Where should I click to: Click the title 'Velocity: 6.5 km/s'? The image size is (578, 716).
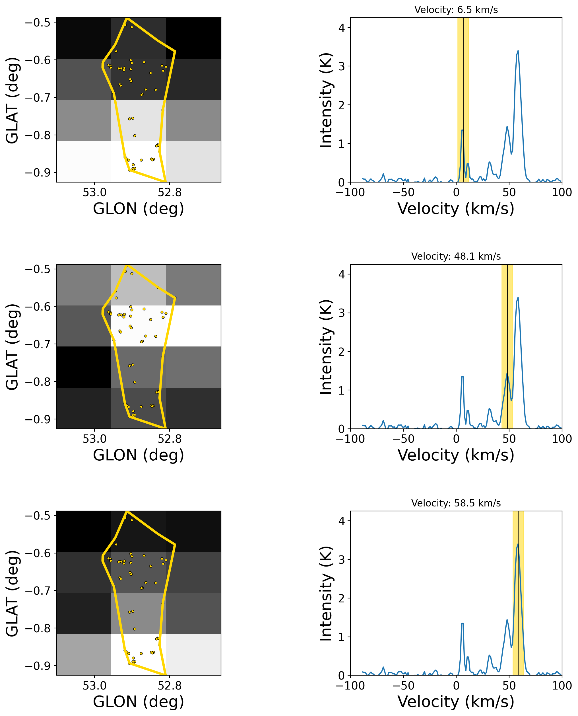pos(456,10)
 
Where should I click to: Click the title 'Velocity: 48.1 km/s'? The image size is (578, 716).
pos(456,257)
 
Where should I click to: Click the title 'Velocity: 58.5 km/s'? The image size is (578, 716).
pos(456,503)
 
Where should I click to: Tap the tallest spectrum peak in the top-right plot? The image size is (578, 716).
pos(518,51)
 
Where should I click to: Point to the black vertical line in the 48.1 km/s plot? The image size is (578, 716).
pos(507,333)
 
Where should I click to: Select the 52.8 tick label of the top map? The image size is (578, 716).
pos(170,192)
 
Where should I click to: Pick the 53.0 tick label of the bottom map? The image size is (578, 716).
pos(94,686)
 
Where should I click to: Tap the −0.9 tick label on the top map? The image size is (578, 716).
pos(38,173)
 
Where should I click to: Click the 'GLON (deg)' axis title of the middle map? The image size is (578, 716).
pos(139,455)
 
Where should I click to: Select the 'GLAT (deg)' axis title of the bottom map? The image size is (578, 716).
pos(12,593)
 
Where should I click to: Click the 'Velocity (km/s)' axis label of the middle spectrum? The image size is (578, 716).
pos(456,455)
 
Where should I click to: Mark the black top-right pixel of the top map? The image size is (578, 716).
pos(193,38)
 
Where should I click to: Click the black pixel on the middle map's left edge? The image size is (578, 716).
pos(84,367)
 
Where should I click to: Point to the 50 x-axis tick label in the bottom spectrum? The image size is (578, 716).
pos(509,686)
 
